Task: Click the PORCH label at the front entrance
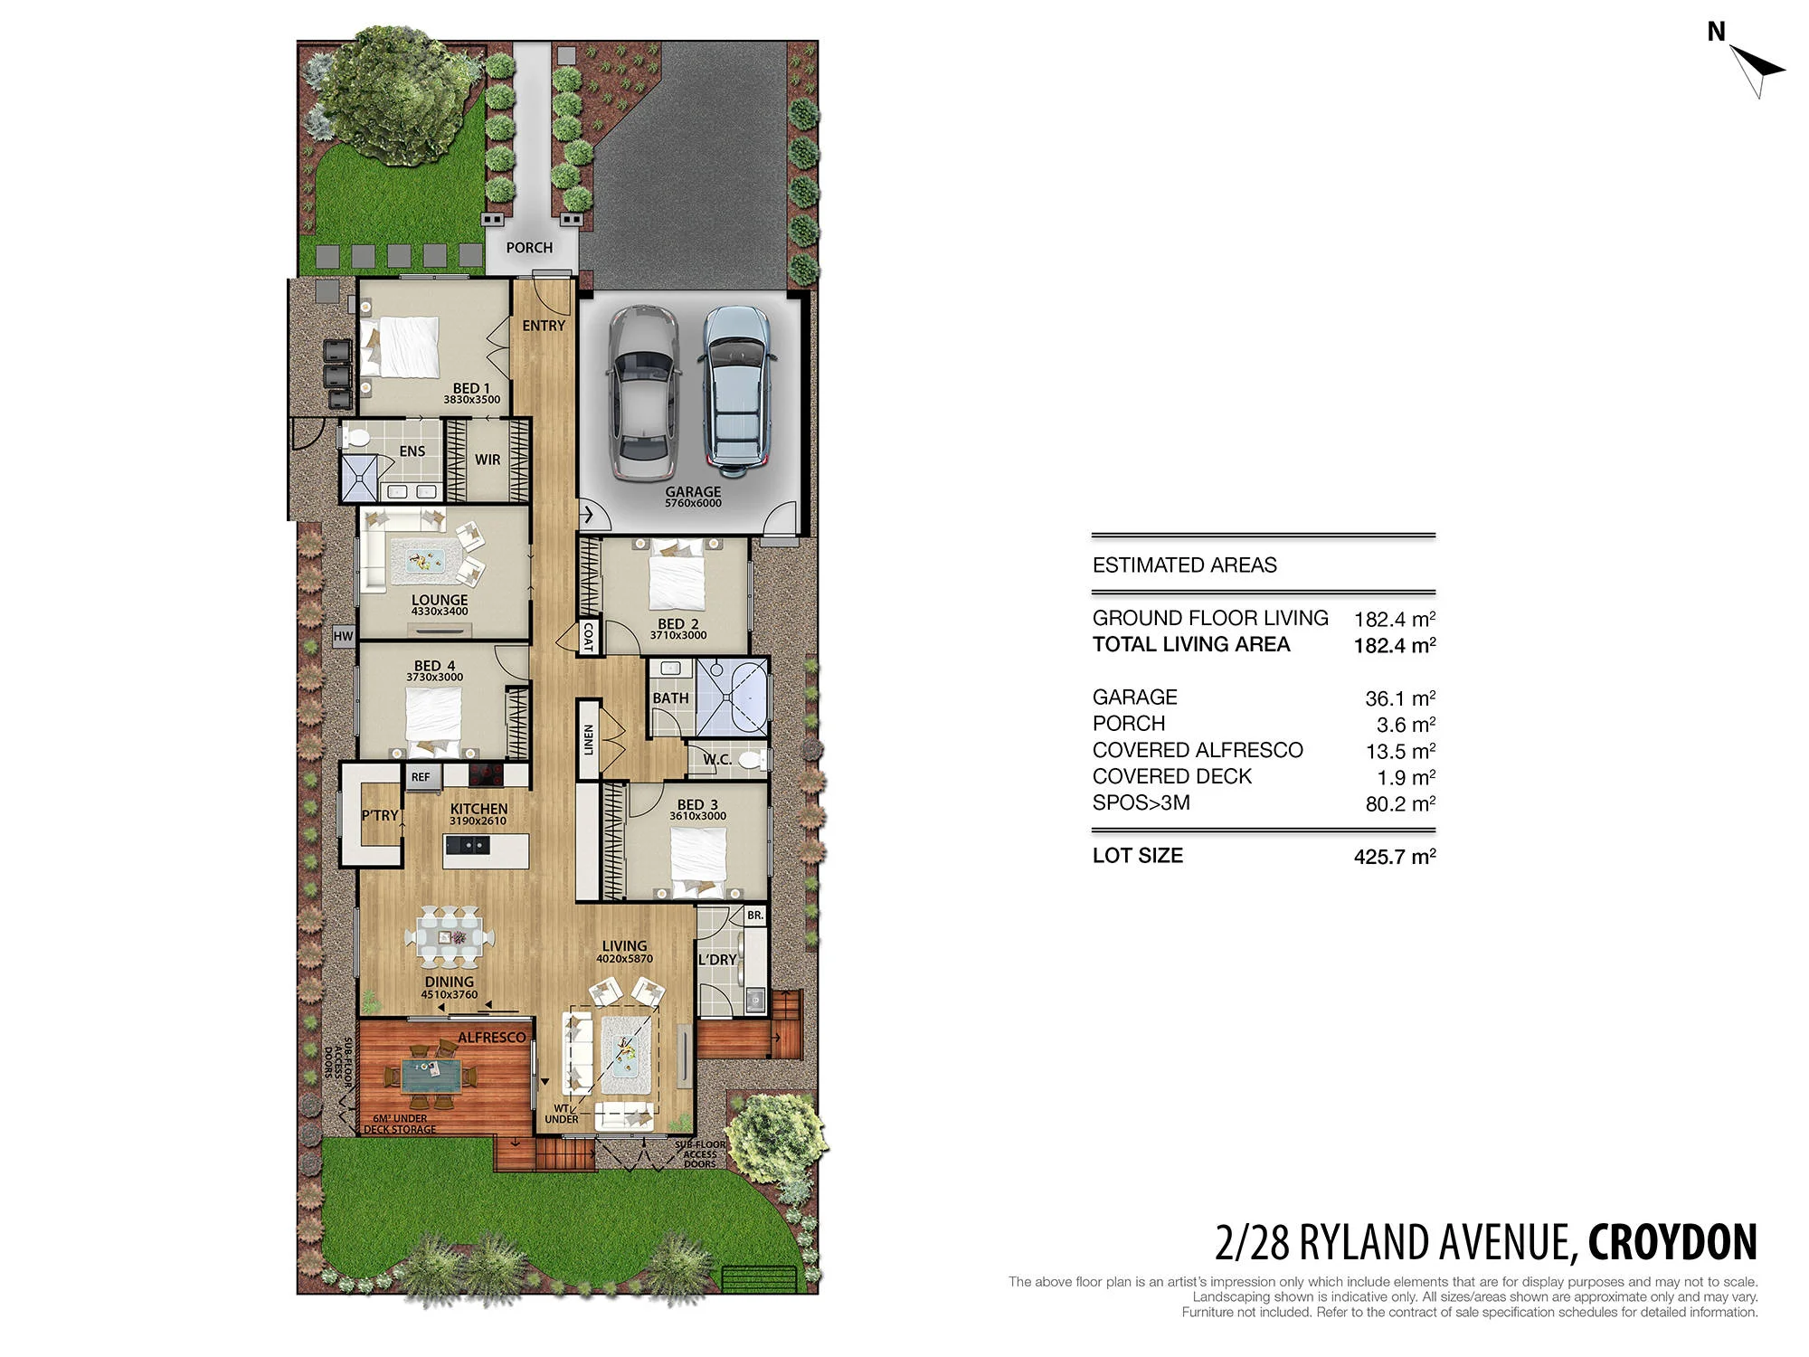pyautogui.click(x=529, y=247)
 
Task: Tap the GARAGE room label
pyautogui.click(x=693, y=491)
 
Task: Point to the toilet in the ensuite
pyautogui.click(x=355, y=439)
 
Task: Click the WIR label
pyautogui.click(x=488, y=460)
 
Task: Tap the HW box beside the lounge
pyautogui.click(x=343, y=636)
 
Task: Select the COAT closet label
pyautogui.click(x=588, y=636)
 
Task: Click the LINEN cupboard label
pyautogui.click(x=588, y=739)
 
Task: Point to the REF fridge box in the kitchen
pyautogui.click(x=421, y=777)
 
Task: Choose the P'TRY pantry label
pyautogui.click(x=380, y=815)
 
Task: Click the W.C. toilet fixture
pyautogui.click(x=750, y=759)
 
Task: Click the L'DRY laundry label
pyautogui.click(x=717, y=959)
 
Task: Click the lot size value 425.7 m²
pyautogui.click(x=1395, y=856)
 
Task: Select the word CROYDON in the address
pyautogui.click(x=1672, y=1242)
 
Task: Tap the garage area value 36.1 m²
pyautogui.click(x=1400, y=698)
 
